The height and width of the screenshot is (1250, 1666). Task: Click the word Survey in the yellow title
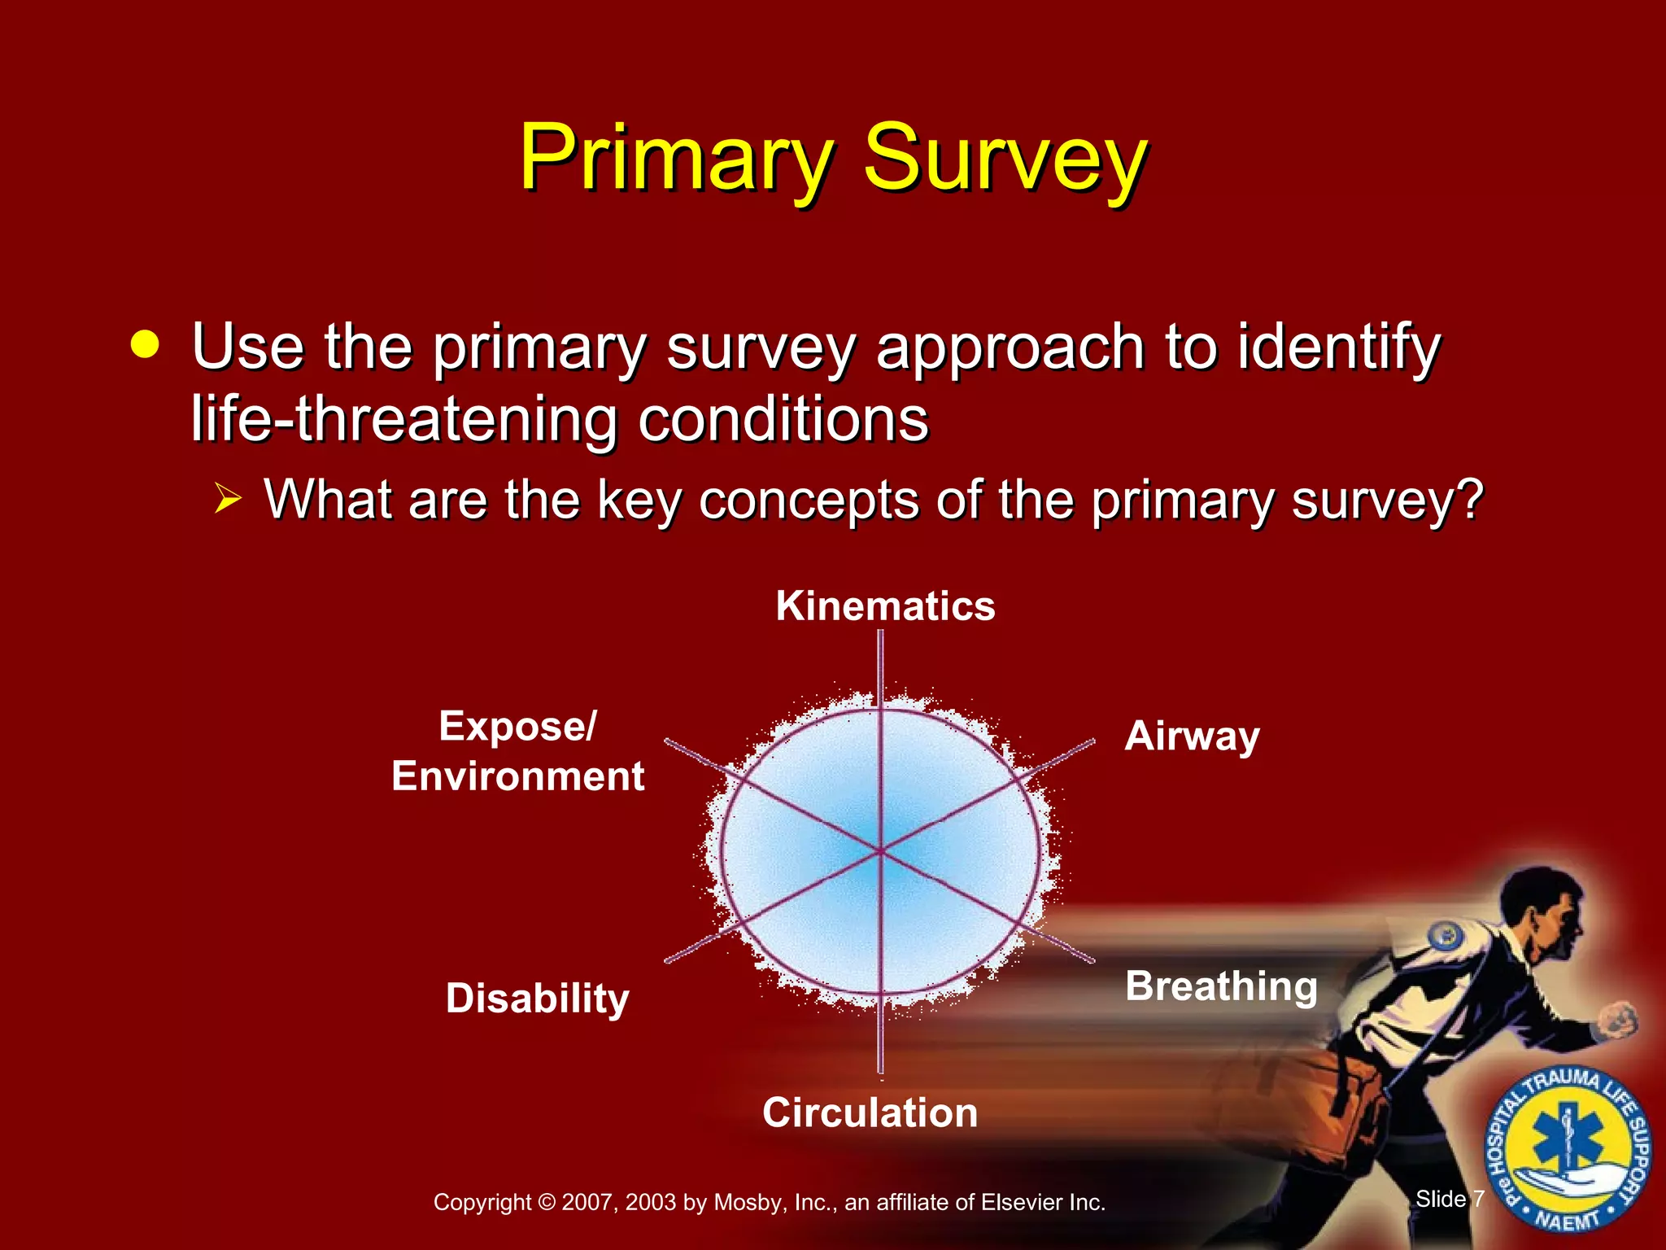point(1005,159)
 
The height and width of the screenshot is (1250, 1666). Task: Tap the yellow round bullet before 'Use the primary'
point(145,344)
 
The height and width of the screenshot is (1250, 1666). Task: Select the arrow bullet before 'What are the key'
point(229,497)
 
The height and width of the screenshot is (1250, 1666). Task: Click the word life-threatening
point(407,420)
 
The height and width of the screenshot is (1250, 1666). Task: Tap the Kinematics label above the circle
point(885,606)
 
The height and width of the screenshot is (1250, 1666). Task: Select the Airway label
point(1192,737)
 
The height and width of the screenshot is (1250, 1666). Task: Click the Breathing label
point(1221,986)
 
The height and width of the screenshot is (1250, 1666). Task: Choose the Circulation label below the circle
point(870,1112)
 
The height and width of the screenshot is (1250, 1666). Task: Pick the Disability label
point(537,999)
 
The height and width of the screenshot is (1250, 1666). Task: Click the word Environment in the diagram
point(517,776)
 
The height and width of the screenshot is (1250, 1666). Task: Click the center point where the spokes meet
point(880,851)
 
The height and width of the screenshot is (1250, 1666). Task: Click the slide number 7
point(1478,1199)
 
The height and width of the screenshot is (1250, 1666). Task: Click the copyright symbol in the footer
point(547,1203)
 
